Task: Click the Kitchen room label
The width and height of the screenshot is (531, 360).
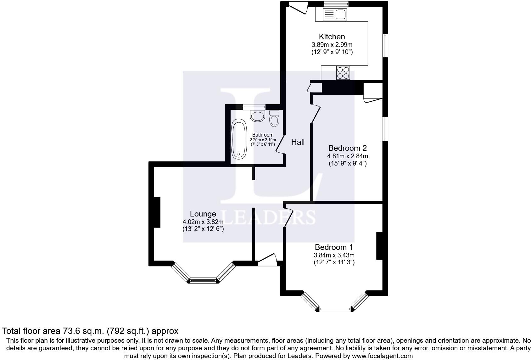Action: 332,37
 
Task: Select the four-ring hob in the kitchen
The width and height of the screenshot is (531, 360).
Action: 343,73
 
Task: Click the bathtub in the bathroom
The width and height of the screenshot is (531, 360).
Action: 239,140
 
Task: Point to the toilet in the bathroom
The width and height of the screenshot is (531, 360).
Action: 274,119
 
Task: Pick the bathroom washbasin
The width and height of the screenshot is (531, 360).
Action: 258,116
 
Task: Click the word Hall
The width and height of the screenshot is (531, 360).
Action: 298,142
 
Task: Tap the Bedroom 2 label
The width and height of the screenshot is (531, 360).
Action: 347,148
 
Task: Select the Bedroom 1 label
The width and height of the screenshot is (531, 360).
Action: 334,247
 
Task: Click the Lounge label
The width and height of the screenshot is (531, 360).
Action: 203,214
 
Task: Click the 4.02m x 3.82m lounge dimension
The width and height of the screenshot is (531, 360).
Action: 203,222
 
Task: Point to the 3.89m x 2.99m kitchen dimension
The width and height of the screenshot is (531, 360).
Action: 332,45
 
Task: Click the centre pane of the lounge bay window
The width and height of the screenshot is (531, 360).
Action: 203,280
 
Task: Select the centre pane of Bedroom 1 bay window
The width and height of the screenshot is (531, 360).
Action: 335,309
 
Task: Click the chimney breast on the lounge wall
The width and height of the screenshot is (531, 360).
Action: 157,212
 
